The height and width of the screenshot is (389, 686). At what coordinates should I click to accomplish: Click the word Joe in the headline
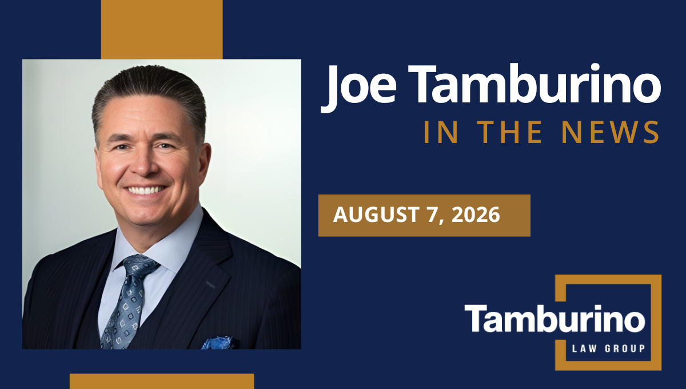click(358, 87)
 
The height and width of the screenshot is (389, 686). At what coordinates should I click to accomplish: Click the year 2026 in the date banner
click(476, 215)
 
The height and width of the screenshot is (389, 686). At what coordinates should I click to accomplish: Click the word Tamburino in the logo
click(555, 318)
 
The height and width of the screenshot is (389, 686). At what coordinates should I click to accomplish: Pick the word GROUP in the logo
click(625, 348)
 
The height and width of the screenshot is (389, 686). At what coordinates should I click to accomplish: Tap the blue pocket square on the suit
click(218, 343)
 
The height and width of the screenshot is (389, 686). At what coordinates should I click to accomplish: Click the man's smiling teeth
click(146, 190)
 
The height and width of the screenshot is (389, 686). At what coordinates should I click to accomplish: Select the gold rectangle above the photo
click(162, 29)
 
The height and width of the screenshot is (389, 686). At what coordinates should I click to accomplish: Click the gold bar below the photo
click(162, 382)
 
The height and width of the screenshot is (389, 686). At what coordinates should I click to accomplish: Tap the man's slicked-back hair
click(150, 92)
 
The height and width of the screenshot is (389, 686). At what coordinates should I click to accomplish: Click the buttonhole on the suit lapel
click(211, 284)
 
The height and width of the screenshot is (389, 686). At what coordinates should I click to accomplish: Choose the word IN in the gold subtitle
click(441, 132)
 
